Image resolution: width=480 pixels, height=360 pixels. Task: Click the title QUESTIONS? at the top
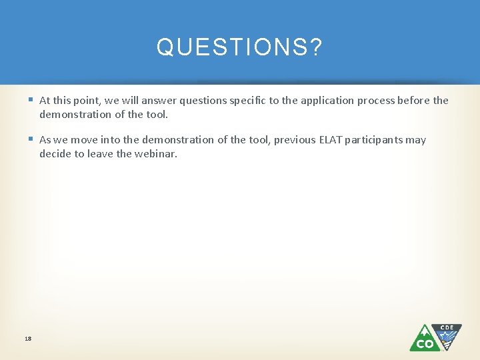point(239,47)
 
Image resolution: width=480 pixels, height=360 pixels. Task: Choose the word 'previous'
point(292,140)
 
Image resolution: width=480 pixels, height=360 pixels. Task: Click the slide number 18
point(28,339)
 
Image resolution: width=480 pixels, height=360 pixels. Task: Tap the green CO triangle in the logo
point(425,339)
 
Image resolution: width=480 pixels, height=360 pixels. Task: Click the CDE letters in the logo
point(447,328)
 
